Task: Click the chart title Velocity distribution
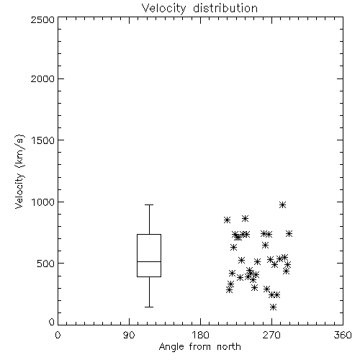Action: pos(199,9)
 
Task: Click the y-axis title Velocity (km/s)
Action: pos(19,171)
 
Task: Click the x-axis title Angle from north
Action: pos(199,346)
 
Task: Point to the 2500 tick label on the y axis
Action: pos(42,19)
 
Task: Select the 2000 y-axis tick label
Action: pos(42,78)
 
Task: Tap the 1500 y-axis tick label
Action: pos(43,140)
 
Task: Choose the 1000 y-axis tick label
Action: pos(43,202)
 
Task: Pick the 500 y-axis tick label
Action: pos(46,264)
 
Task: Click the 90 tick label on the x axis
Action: pos(129,335)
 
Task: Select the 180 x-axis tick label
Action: pos(200,335)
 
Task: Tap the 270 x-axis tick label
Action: pos(271,335)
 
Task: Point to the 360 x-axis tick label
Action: pos(343,335)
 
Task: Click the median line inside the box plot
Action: pos(149,261)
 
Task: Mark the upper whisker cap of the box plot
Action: pos(149,204)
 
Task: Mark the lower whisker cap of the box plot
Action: pos(149,307)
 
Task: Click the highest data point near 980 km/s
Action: pos(282,205)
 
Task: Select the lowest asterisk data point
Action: pos(273,307)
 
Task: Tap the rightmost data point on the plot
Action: pos(289,234)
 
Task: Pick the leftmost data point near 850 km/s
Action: pos(227,220)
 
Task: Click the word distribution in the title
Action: pos(225,9)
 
